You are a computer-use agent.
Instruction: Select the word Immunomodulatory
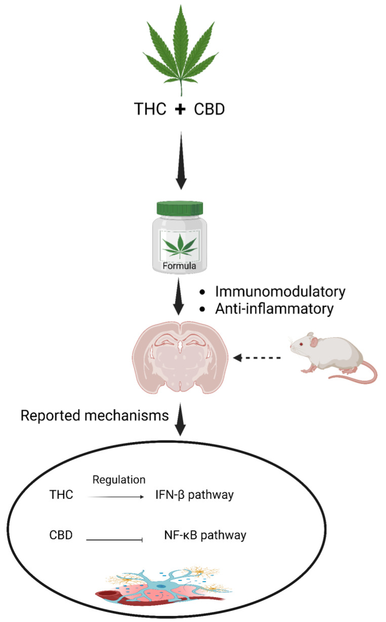click(x=280, y=292)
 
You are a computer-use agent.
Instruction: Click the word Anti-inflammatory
click(x=275, y=308)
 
